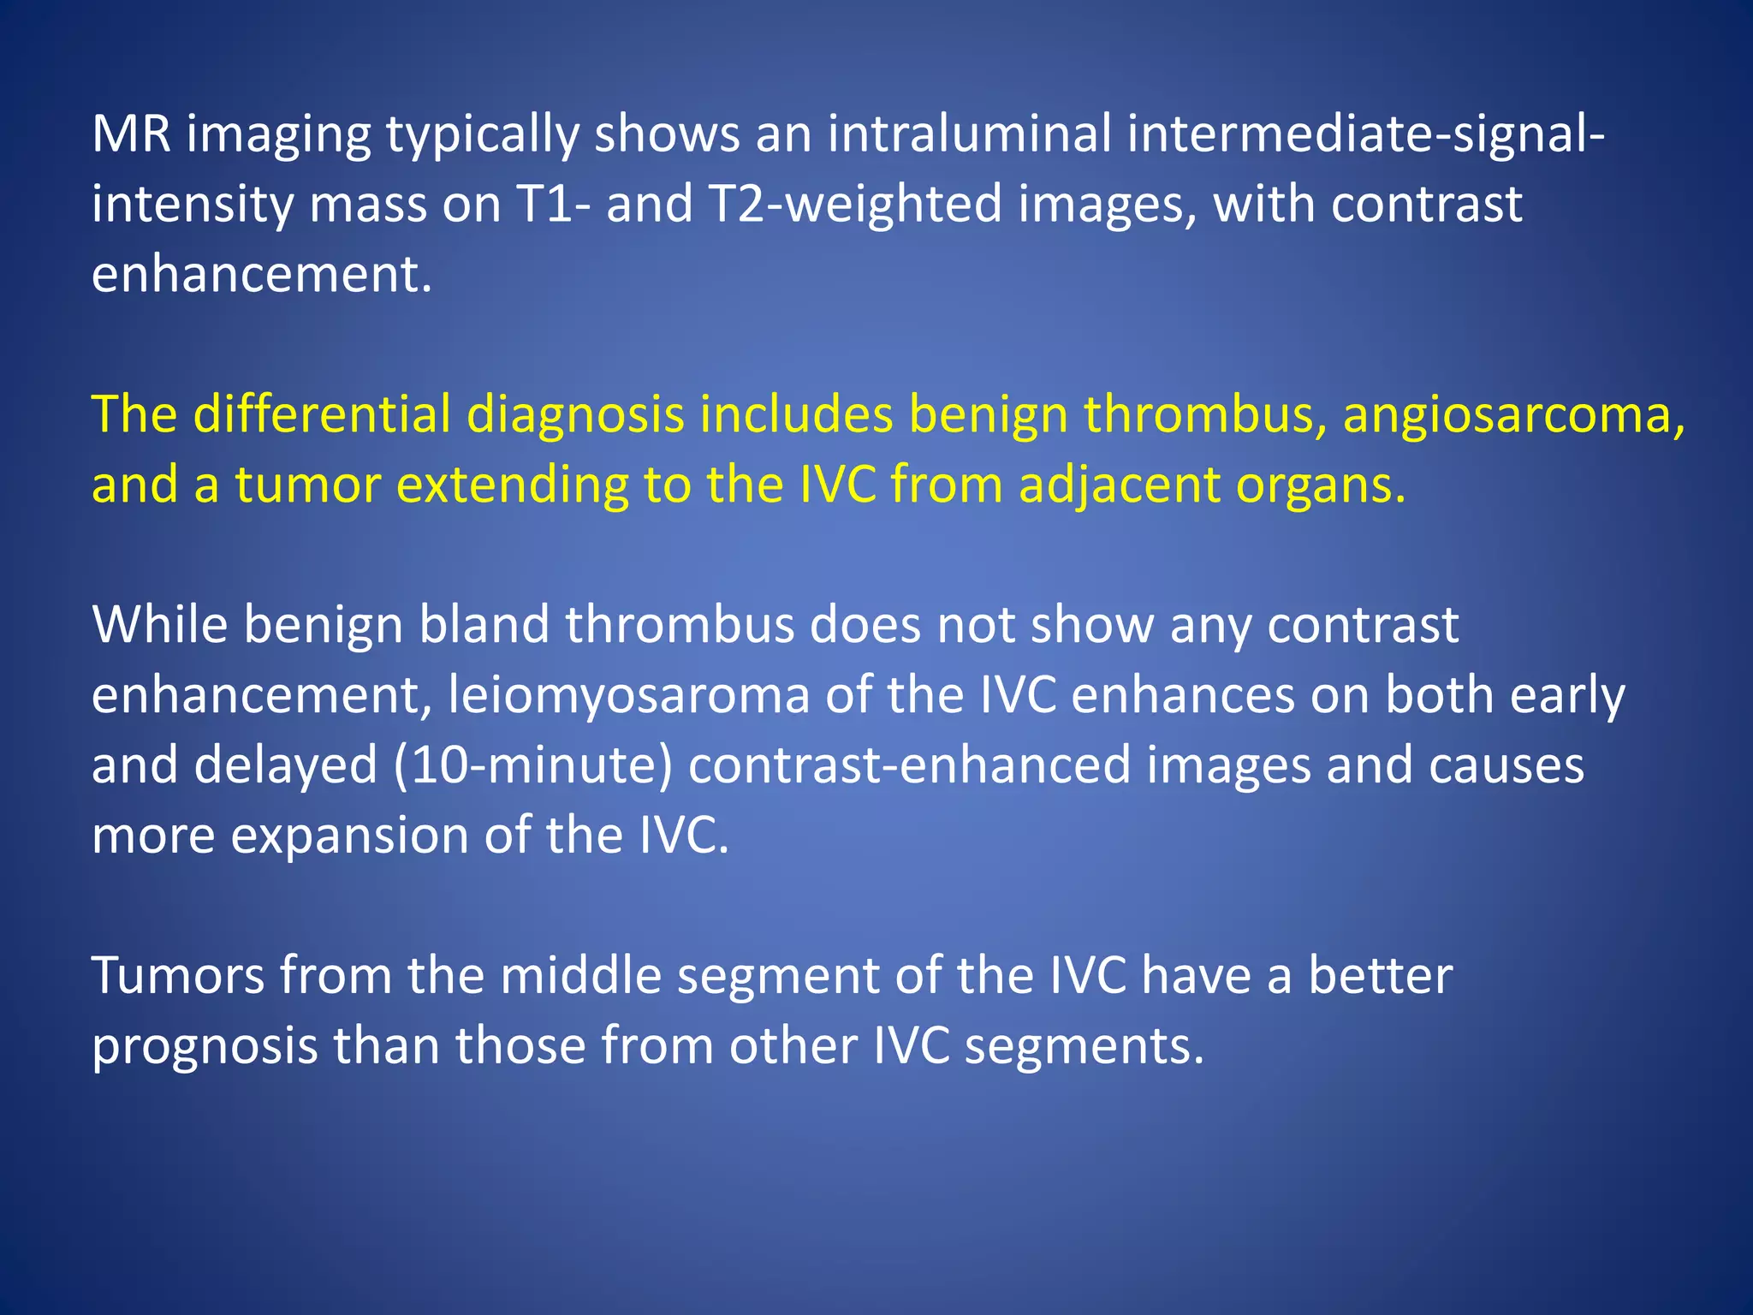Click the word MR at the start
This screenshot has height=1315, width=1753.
[131, 134]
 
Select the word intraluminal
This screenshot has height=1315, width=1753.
[969, 134]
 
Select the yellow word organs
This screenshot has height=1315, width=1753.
[1321, 485]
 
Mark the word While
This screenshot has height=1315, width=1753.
[159, 625]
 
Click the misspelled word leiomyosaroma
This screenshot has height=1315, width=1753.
[628, 695]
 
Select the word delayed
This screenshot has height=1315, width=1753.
[286, 765]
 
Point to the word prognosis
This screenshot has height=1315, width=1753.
[205, 1045]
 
